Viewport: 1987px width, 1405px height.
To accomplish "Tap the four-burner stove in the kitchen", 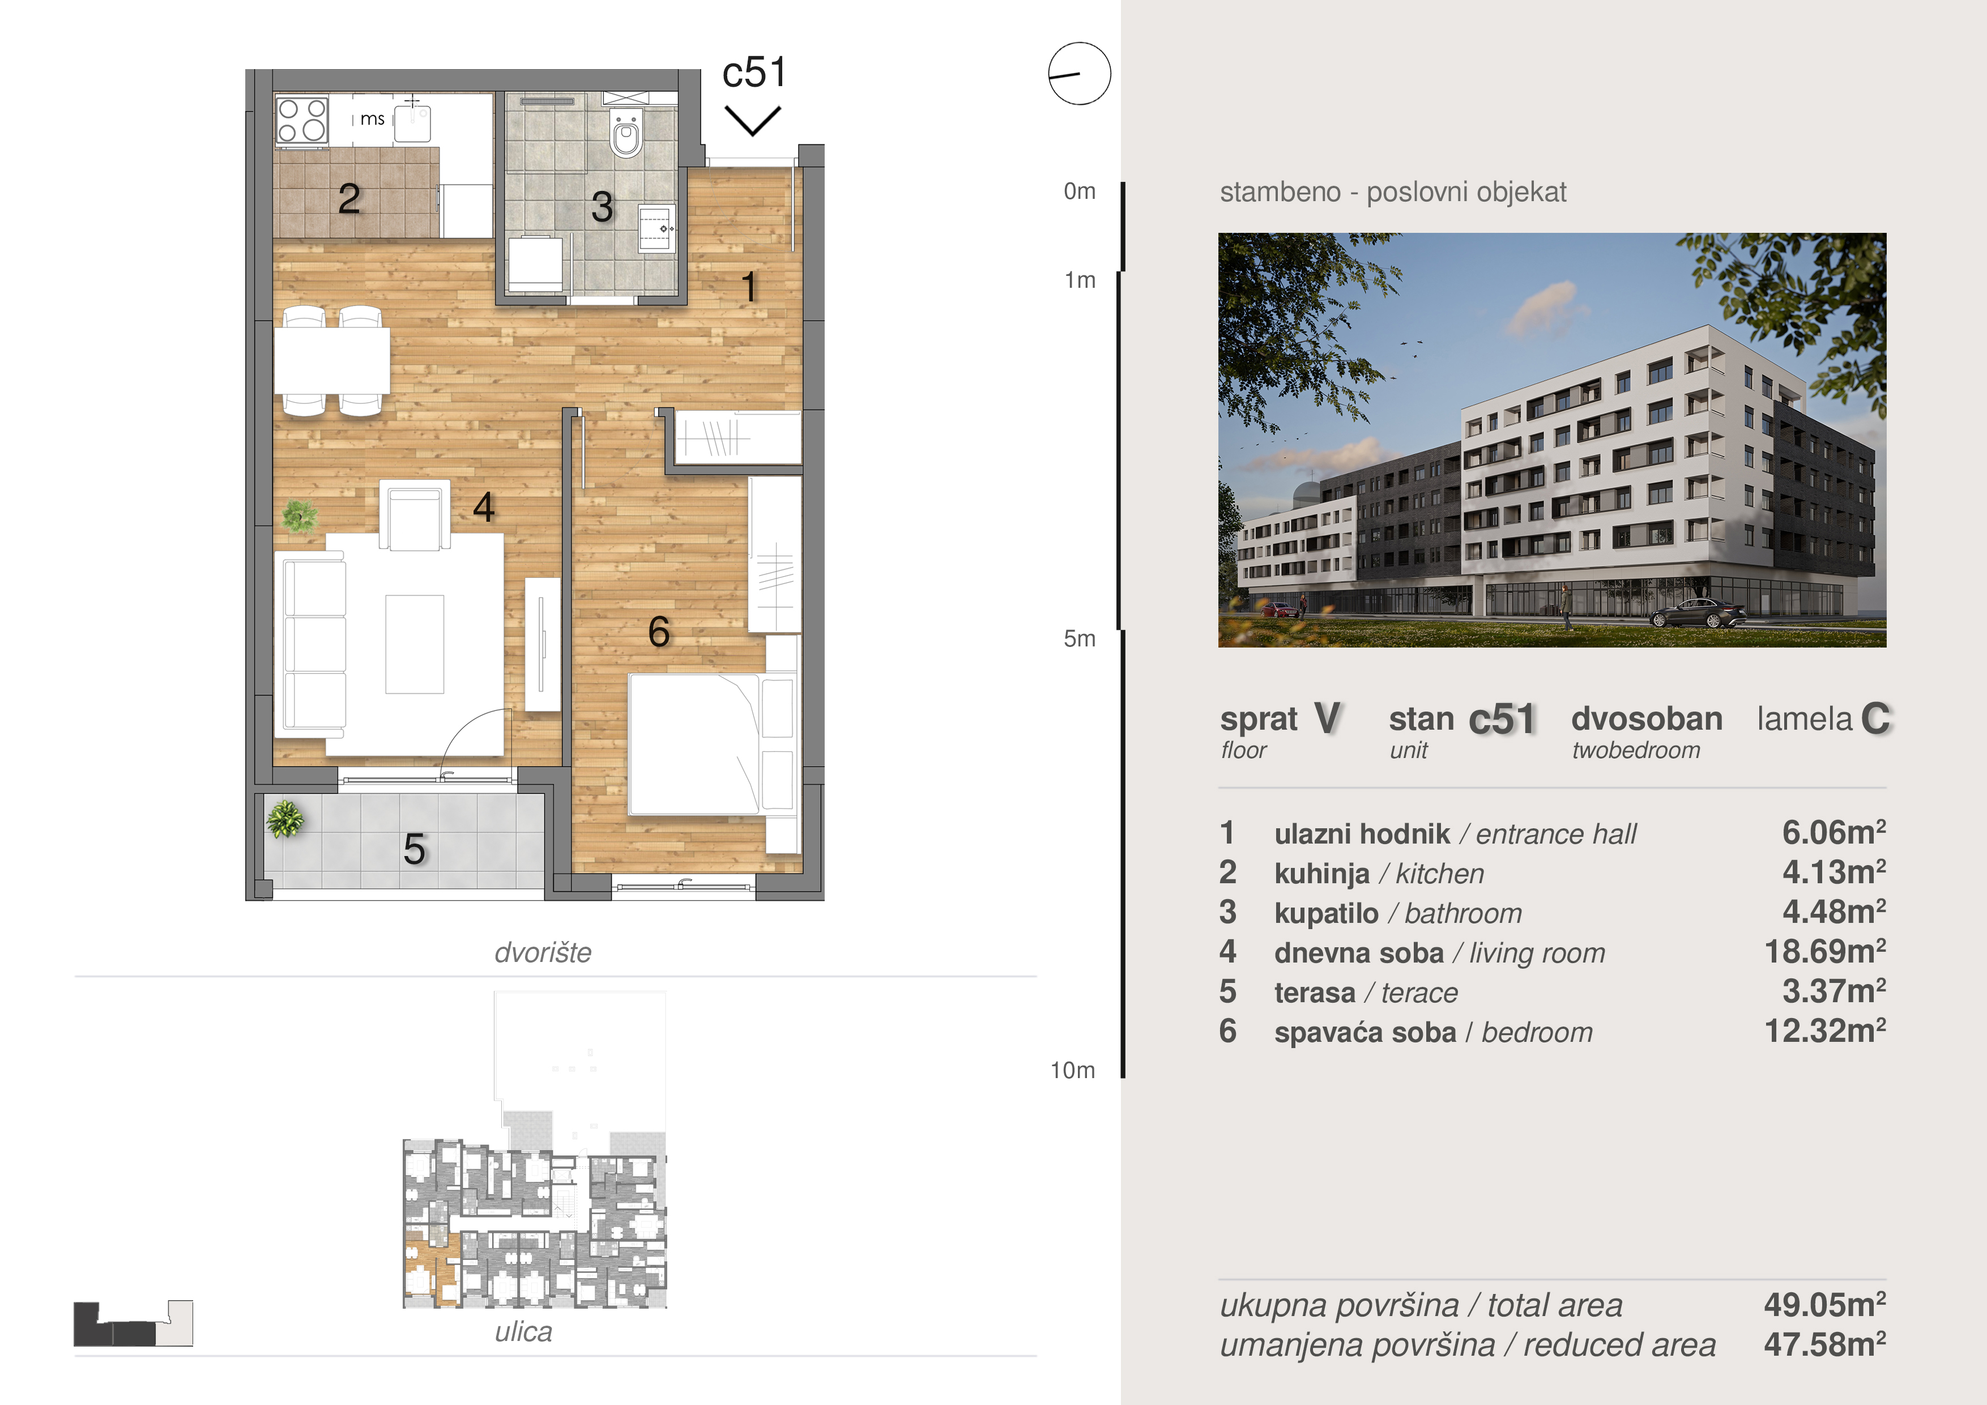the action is [302, 120].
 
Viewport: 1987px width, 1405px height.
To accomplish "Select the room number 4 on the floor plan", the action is [484, 507].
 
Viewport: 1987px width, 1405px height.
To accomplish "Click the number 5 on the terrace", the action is [415, 849].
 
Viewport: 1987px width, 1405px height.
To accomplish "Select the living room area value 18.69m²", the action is [1825, 951].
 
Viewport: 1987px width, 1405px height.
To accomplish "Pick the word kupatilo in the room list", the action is [1326, 913].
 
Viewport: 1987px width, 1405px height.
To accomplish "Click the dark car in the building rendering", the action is [1698, 613].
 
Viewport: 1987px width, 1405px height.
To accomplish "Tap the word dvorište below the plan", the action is [543, 952].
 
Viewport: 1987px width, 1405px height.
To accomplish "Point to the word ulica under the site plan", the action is [523, 1331].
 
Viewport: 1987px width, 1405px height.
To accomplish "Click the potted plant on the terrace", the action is [285, 818].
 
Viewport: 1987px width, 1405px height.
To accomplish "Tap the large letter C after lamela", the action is [1875, 718].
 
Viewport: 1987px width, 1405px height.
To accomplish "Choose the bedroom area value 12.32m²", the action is [1825, 1031].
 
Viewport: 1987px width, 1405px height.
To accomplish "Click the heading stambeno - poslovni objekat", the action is [1392, 191].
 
